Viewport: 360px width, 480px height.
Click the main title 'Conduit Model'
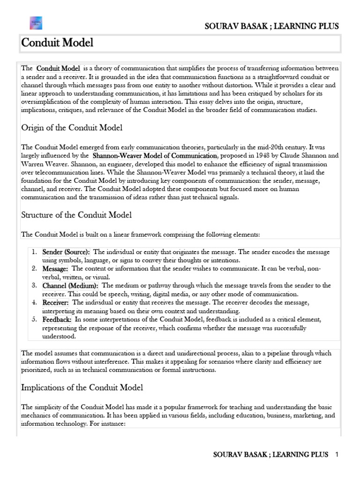(58, 43)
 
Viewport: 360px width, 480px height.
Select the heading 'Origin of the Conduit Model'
(72, 127)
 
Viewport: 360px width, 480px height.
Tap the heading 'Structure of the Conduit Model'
(76, 215)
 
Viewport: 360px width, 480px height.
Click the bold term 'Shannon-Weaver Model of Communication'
(155, 156)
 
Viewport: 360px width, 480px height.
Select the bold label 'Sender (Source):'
(66, 252)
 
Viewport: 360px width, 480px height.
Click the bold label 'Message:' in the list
(55, 269)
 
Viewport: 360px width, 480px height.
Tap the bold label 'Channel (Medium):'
(70, 285)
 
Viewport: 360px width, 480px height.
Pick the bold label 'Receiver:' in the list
(56, 302)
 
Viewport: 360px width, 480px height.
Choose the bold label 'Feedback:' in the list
(57, 319)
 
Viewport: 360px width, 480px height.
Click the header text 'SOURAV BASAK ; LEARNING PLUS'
(272, 26)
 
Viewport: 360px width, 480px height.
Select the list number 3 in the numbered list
(34, 285)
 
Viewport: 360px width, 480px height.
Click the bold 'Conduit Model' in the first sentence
(58, 68)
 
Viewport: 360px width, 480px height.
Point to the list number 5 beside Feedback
(34, 319)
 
